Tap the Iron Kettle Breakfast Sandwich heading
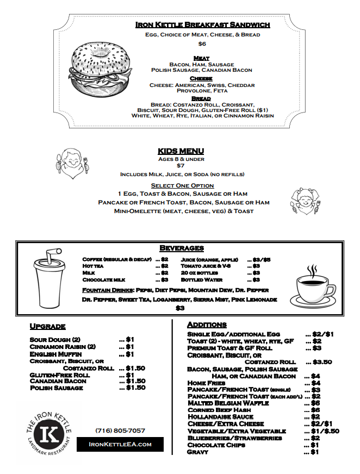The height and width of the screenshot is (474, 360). [202, 24]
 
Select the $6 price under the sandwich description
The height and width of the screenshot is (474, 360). [202, 43]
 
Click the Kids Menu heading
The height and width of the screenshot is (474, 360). [181, 151]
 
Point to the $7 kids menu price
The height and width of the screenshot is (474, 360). [181, 166]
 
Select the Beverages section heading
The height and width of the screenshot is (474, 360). [181, 248]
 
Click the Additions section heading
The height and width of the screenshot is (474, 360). [207, 325]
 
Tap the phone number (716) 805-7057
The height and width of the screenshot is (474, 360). [120, 430]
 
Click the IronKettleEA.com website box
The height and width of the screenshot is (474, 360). [120, 444]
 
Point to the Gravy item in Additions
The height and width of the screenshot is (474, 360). [197, 452]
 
